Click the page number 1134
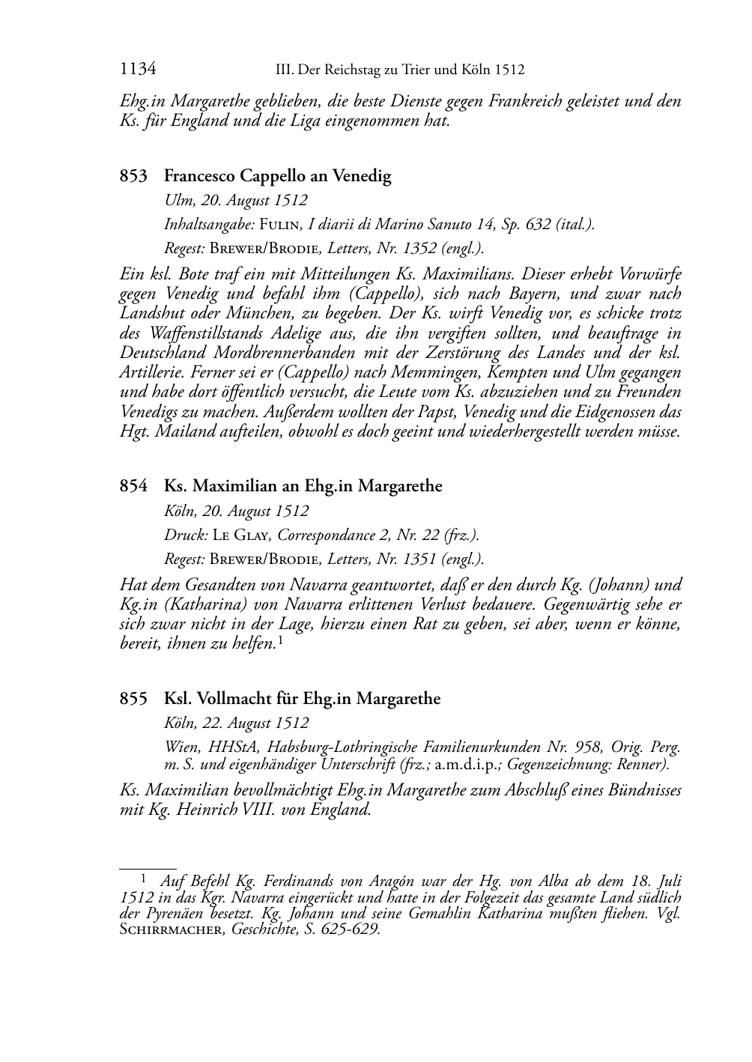tap(138, 70)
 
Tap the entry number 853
tap(133, 177)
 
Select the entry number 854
tap(133, 486)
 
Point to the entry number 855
tap(133, 699)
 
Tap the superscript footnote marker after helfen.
tap(279, 640)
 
